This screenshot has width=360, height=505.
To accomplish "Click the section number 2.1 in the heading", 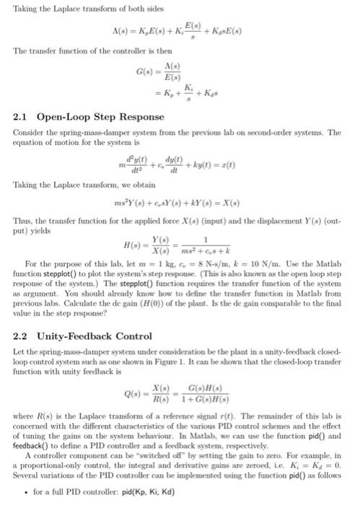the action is click(x=22, y=115).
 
